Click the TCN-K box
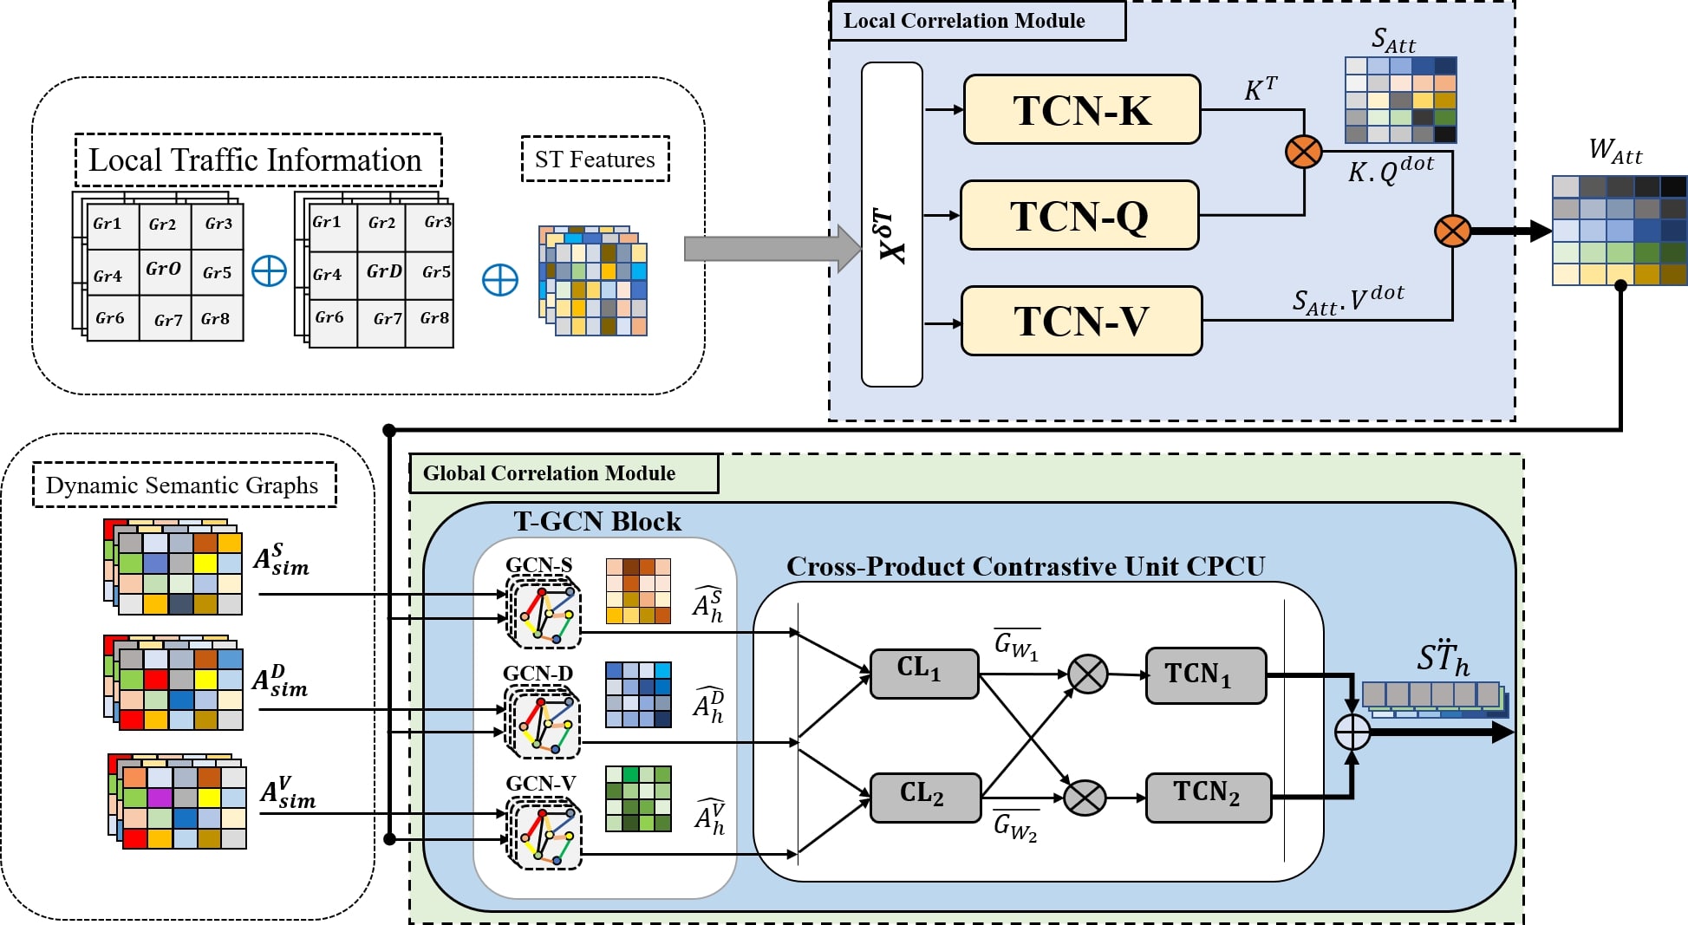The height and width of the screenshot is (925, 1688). [1081, 110]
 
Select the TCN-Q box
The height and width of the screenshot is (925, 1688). [1079, 215]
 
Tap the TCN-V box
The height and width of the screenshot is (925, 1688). [1081, 321]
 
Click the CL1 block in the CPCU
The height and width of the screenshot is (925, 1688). [923, 673]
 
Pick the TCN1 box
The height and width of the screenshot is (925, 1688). [1205, 675]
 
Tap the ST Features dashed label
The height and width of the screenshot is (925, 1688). [595, 160]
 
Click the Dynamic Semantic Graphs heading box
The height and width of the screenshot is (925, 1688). [184, 485]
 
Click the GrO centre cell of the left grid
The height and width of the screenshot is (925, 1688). [164, 270]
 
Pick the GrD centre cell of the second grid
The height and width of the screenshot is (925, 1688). [383, 272]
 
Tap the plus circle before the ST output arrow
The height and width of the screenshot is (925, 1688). [1352, 732]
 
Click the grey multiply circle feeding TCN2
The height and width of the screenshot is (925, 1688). [1084, 798]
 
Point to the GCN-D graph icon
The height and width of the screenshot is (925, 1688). [544, 722]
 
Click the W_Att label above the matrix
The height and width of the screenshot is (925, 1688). [1615, 151]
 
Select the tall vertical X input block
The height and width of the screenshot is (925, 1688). [891, 225]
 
